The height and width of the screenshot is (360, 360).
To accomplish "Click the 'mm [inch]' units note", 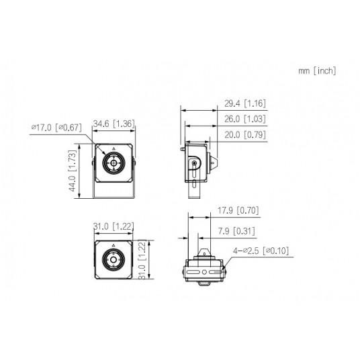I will tap(318, 71).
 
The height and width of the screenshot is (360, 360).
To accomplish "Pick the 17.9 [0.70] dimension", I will tap(239, 210).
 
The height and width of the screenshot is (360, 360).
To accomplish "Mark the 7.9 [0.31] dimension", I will tap(236, 232).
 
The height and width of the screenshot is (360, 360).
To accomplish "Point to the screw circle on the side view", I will tap(194, 164).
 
